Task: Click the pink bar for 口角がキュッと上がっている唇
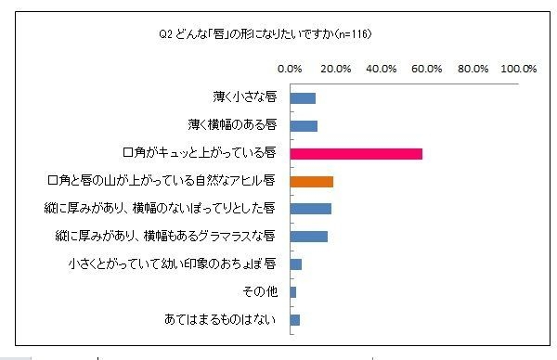(356, 153)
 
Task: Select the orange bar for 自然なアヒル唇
(312, 181)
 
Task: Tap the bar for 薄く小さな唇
(304, 97)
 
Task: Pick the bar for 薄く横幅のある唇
(304, 125)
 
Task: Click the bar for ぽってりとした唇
(311, 209)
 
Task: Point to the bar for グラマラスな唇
(309, 237)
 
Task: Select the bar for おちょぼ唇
(296, 264)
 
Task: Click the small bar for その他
(293, 292)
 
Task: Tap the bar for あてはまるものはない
(295, 320)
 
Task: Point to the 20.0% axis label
(335, 69)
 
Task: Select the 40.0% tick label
(381, 69)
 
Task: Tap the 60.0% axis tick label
(426, 69)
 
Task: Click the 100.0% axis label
(518, 69)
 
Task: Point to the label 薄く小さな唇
(244, 97)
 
